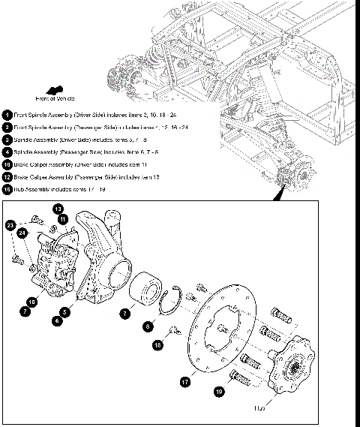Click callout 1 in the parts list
[6, 115]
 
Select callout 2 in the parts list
[6, 128]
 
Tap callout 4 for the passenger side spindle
[6, 152]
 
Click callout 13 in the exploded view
[58, 208]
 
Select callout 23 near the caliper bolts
[10, 224]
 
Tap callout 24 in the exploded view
[22, 233]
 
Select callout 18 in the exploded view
[158, 344]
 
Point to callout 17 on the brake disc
[184, 381]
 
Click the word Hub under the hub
[281, 408]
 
